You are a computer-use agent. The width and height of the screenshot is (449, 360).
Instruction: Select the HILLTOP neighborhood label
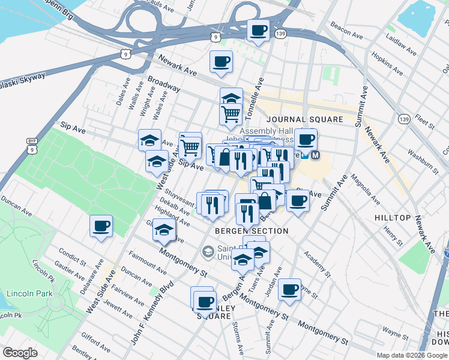coord(392,217)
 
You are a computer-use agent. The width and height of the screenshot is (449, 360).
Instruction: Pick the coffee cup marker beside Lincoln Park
coord(101,226)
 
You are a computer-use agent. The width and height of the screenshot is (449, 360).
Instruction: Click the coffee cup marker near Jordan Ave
coord(290,289)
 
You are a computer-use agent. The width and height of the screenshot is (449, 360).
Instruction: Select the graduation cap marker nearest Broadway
coord(231,98)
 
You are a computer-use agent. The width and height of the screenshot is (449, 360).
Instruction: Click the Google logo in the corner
coord(20,353)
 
